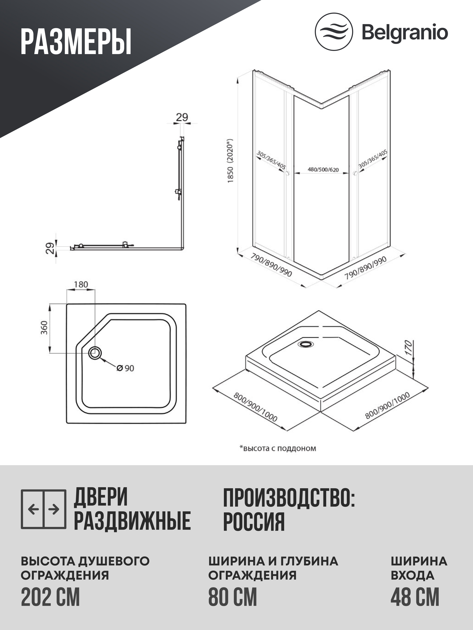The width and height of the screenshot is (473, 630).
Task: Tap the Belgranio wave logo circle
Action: click(334, 32)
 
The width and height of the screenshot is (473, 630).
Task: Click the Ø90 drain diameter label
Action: click(125, 368)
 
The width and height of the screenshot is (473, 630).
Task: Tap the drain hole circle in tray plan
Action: click(95, 353)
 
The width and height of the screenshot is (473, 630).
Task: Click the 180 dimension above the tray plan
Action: click(81, 285)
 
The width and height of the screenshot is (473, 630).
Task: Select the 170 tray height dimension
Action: click(409, 348)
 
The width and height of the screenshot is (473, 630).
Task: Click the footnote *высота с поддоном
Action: click(277, 448)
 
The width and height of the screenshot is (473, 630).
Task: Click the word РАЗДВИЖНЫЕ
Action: click(132, 521)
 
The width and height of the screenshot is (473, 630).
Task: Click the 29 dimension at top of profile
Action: click(182, 117)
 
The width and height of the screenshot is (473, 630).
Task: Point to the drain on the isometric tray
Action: click(305, 344)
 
